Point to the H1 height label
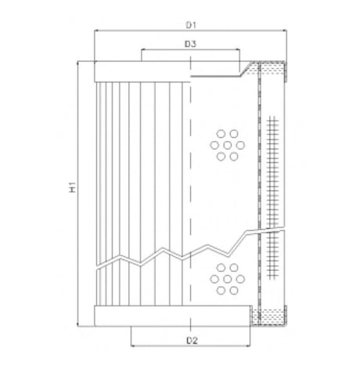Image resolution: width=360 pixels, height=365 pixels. [70, 188]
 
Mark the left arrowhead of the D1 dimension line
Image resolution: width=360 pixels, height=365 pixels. [96, 32]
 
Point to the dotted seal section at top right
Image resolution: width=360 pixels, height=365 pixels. [272, 73]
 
